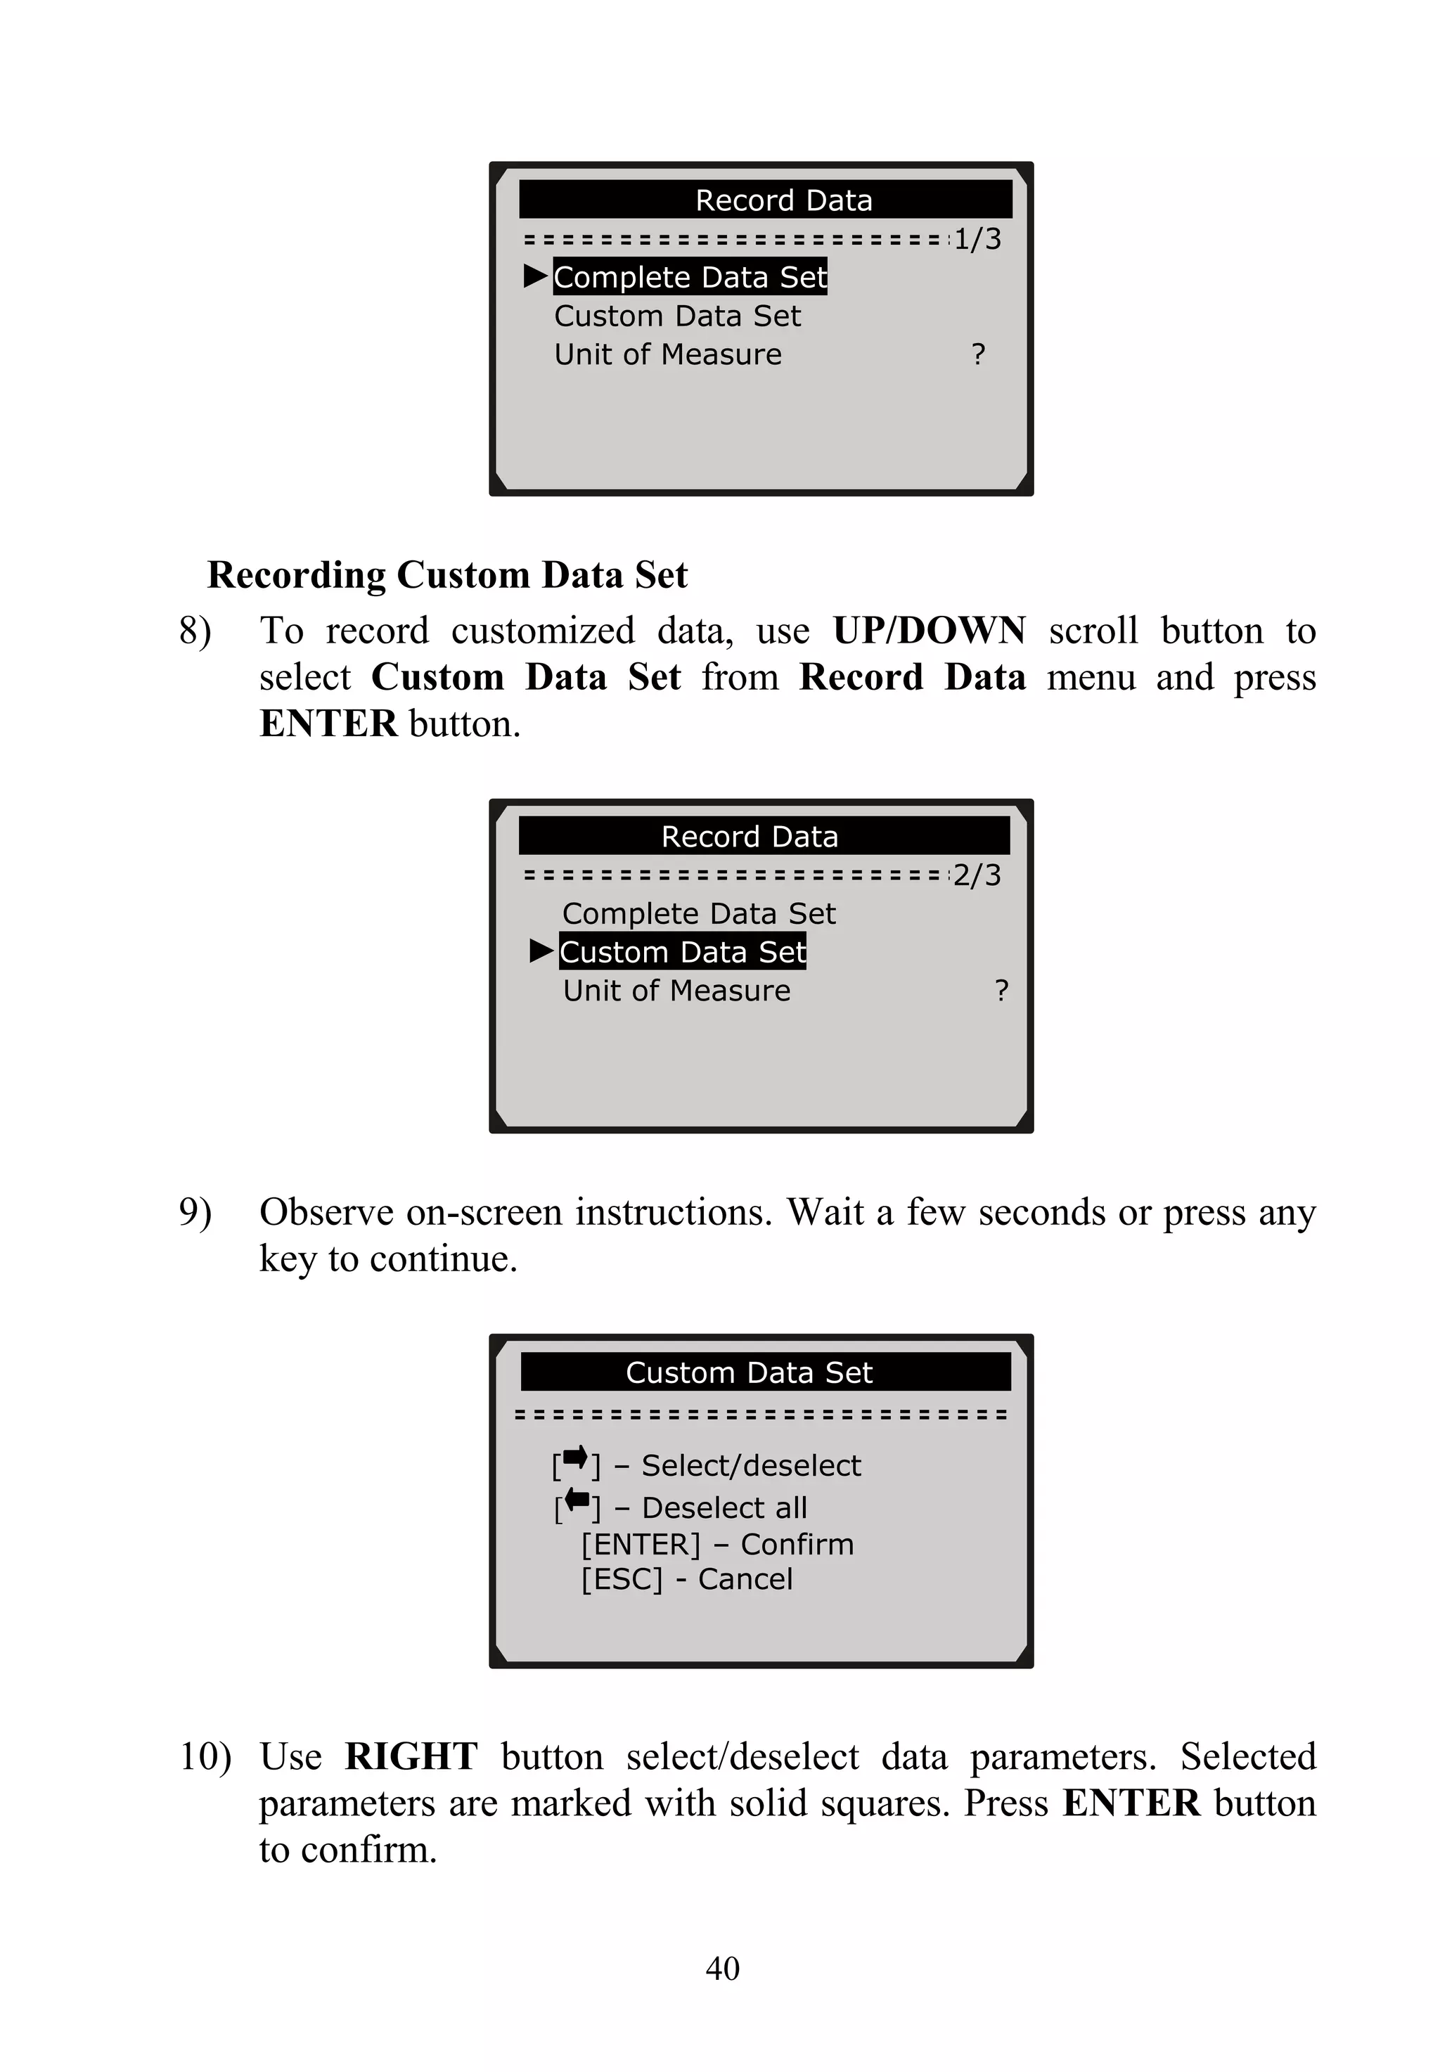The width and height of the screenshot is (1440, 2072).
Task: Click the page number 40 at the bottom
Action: click(722, 1967)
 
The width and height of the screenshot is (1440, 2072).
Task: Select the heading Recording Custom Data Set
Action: click(447, 574)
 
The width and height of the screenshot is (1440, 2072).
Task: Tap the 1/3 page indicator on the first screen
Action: click(977, 239)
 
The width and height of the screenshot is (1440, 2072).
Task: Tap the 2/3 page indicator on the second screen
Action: click(977, 875)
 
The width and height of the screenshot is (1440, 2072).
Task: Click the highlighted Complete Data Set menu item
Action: click(689, 277)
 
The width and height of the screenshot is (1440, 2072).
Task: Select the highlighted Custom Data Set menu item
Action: click(682, 952)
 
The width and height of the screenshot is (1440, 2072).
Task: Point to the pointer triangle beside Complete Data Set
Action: click(536, 276)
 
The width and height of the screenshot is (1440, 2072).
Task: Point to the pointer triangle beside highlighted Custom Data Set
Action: click(541, 950)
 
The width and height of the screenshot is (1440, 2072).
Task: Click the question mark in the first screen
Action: click(978, 354)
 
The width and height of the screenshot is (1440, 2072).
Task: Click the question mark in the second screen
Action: click(1001, 991)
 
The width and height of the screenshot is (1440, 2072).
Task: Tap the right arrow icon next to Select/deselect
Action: click(574, 1458)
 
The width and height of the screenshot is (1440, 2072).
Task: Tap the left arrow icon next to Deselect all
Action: click(577, 1501)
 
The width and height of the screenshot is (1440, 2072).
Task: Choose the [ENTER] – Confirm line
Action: click(717, 1544)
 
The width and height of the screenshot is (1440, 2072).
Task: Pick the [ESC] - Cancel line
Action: click(687, 1579)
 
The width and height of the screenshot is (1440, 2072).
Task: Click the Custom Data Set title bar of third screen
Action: click(765, 1372)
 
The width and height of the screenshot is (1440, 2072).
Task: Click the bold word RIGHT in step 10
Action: click(411, 1756)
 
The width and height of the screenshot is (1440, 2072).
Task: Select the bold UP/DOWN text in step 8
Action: click(928, 631)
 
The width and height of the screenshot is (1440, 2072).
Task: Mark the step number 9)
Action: click(195, 1211)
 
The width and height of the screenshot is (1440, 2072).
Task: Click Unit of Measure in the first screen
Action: click(668, 354)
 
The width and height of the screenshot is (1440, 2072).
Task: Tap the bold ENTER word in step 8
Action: click(328, 723)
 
